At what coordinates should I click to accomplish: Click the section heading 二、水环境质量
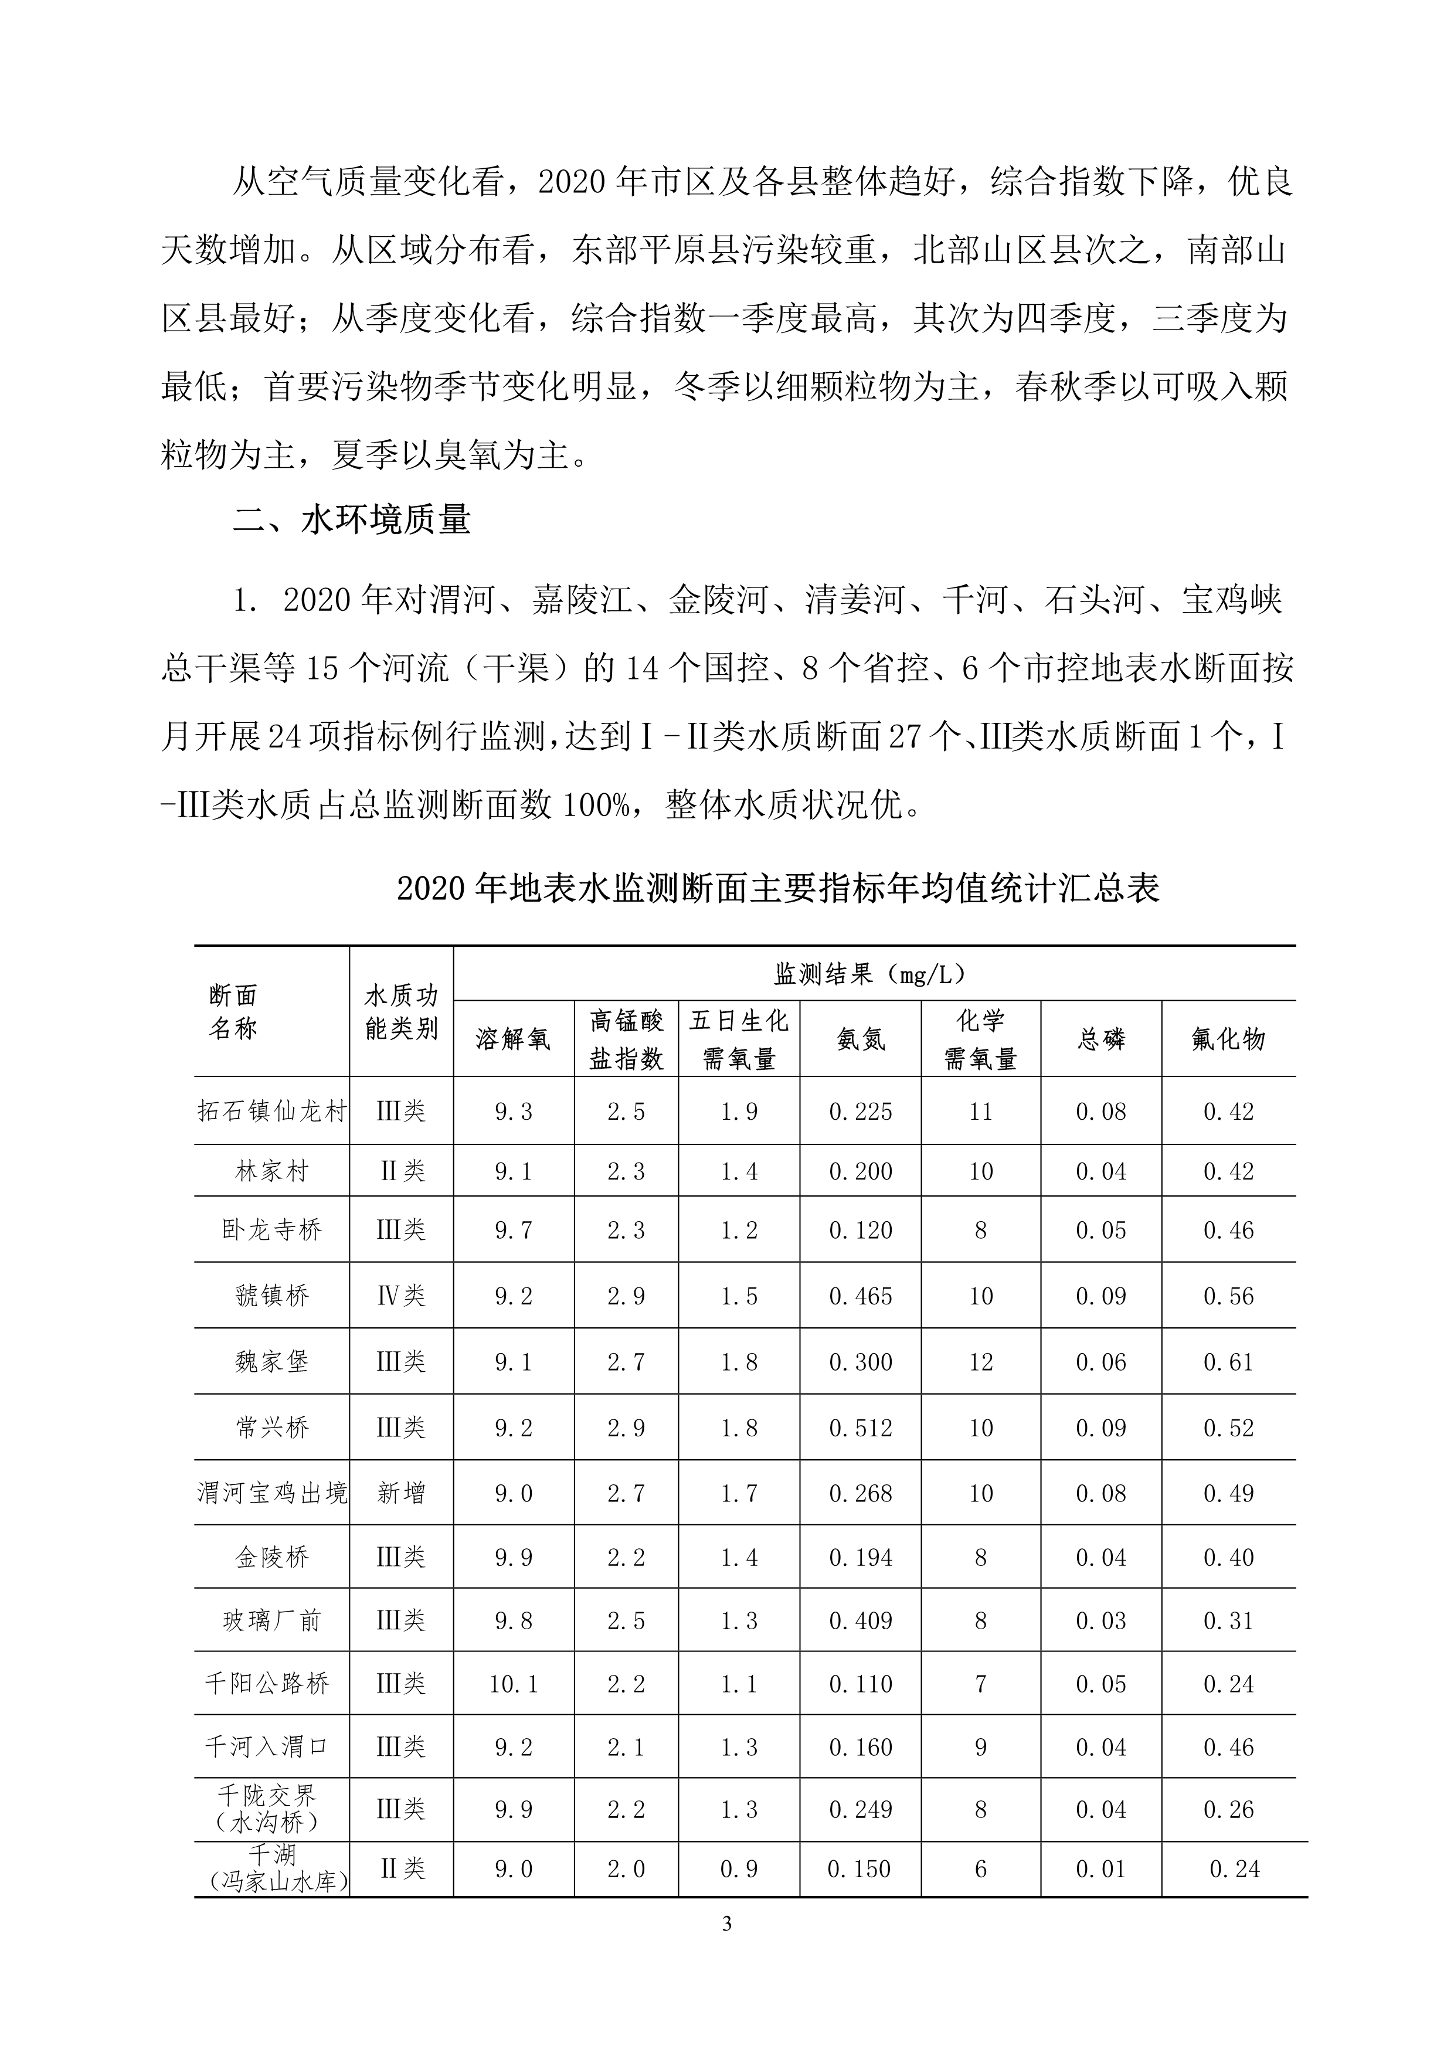tap(352, 520)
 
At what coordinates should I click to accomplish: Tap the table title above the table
tap(777, 888)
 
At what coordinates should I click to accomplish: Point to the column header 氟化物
tap(1228, 1039)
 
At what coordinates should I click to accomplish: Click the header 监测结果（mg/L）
tap(873, 973)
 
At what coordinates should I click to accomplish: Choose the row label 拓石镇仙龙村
tap(271, 1112)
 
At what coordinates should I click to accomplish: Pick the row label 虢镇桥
tap(271, 1296)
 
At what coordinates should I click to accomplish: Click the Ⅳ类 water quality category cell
tap(401, 1296)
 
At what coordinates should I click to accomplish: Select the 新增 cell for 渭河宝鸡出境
tap(401, 1493)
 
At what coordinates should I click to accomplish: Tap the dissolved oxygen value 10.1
tap(513, 1684)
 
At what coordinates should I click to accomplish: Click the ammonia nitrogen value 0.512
tap(861, 1428)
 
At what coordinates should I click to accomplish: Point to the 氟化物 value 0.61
tap(1228, 1362)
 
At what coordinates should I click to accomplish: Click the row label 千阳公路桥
tap(268, 1684)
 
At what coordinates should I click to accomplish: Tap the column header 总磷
tap(1100, 1039)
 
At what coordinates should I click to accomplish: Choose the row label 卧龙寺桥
tap(271, 1229)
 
